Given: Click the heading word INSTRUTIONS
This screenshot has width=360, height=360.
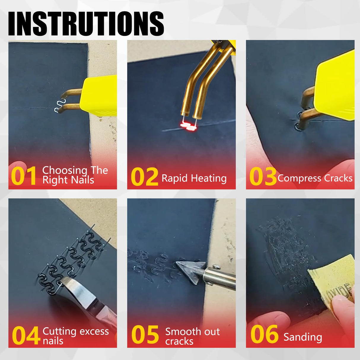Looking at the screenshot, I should [86, 24].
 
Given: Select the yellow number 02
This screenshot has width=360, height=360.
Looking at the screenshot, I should [144, 177].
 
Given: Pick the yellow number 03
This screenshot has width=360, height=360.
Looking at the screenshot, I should [263, 177].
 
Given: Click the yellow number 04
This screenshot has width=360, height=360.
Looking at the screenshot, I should [26, 335].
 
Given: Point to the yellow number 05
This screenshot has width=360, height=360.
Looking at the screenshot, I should [145, 335].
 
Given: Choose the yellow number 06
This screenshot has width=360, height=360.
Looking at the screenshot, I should [264, 335].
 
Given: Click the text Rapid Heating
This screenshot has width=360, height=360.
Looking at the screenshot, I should [194, 178].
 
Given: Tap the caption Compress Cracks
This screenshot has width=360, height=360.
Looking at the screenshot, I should [315, 178].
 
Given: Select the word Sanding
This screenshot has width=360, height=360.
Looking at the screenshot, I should [302, 337].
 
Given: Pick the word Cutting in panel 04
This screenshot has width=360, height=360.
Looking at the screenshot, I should [59, 331].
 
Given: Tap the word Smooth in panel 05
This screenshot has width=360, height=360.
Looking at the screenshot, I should [180, 332].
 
